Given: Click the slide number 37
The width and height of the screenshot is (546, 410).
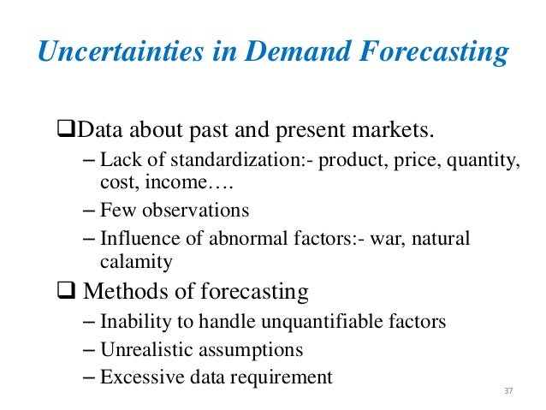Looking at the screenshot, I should coord(508,391).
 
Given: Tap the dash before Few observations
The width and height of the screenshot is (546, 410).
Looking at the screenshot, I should coord(91,211).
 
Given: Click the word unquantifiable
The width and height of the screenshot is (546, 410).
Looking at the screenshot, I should coord(324,323).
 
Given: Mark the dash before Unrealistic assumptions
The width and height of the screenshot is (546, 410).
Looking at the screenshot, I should coord(91,349).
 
